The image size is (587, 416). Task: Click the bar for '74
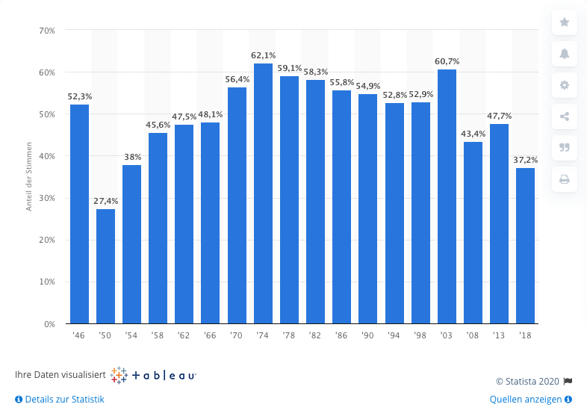pyautogui.click(x=263, y=193)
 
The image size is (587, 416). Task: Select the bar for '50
pyautogui.click(x=105, y=266)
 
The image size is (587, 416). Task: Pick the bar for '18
pyautogui.click(x=526, y=246)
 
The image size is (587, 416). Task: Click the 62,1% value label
pyautogui.click(x=263, y=55)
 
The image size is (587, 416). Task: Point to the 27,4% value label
pyautogui.click(x=105, y=201)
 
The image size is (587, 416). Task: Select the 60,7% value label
pyautogui.click(x=447, y=61)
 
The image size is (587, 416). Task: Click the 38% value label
pyautogui.click(x=131, y=157)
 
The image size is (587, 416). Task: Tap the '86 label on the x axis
pyautogui.click(x=341, y=335)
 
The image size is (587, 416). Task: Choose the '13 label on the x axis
pyautogui.click(x=499, y=335)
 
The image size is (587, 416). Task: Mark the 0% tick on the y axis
pyautogui.click(x=49, y=324)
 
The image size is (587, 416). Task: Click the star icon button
pyautogui.click(x=564, y=22)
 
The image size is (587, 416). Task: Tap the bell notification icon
pyautogui.click(x=564, y=54)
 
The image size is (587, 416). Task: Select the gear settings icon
pyautogui.click(x=564, y=85)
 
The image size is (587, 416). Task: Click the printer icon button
pyautogui.click(x=564, y=179)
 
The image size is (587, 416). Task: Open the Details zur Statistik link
pyautogui.click(x=60, y=400)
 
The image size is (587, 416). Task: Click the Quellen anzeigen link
pyautogui.click(x=530, y=400)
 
